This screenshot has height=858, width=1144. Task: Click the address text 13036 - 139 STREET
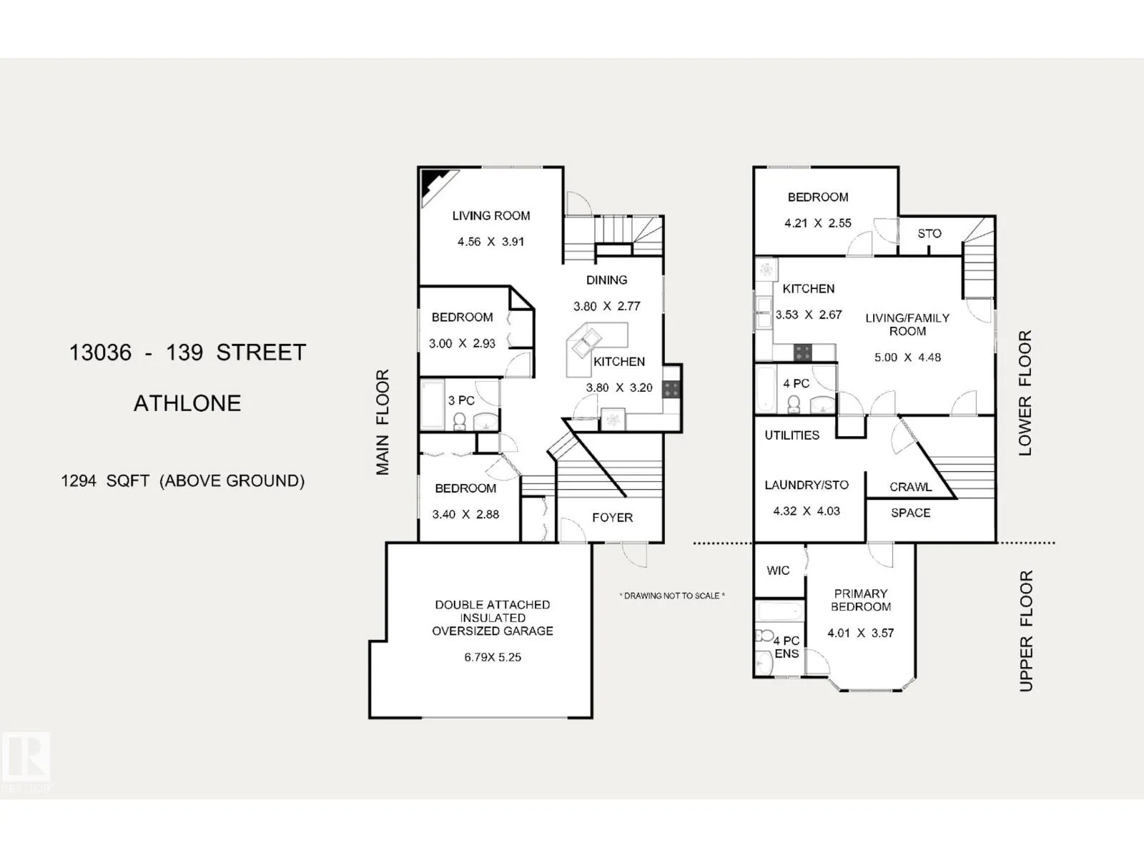coord(187,352)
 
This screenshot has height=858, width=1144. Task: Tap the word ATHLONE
coord(187,403)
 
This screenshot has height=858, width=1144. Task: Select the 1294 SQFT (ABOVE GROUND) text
coord(183,480)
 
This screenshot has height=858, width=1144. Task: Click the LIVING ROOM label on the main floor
coord(491,215)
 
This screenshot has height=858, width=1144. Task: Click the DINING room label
coord(607,280)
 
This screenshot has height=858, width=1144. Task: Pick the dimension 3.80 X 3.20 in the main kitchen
coord(619,388)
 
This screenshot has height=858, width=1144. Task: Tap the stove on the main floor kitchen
coord(671,390)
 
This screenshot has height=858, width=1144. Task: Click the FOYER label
coord(613,518)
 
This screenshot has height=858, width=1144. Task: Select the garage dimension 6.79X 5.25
coord(493,657)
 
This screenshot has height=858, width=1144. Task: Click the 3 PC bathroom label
coord(461,400)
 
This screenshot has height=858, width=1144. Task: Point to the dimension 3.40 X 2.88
coord(465,514)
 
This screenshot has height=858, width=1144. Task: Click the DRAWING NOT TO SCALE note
coord(672,596)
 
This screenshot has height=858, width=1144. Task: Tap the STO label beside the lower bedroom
coord(929,234)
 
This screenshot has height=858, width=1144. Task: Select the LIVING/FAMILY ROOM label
coord(907,325)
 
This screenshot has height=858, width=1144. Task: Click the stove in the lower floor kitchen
coord(803,352)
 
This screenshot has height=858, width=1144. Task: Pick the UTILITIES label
coord(792,435)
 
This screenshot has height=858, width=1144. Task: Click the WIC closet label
coord(778,571)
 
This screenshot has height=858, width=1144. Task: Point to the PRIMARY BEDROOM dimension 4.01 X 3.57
coord(861,633)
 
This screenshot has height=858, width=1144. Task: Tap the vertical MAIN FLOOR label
coord(383,423)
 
